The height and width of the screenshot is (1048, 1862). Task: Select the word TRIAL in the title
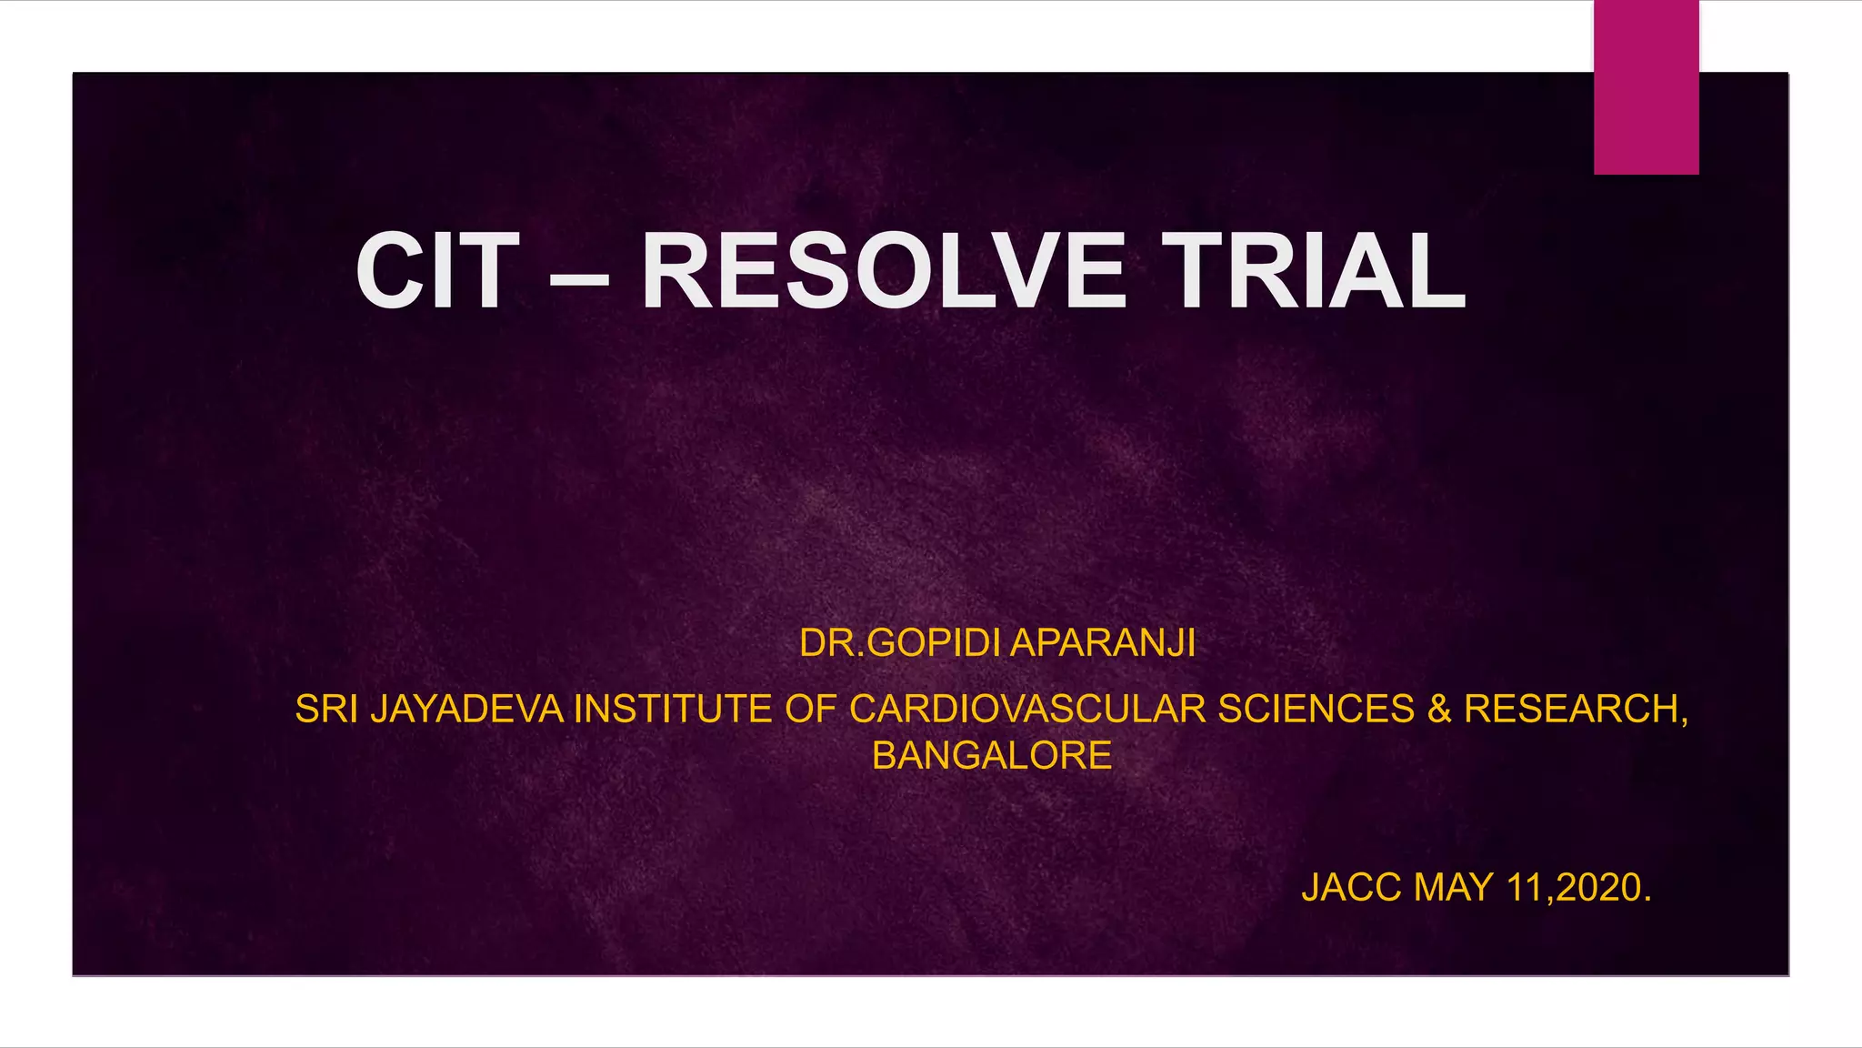tap(1318, 272)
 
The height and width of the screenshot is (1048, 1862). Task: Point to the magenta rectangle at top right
tap(1646, 86)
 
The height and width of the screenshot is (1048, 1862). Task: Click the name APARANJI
tap(1103, 643)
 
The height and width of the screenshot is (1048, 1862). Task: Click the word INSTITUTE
tap(673, 710)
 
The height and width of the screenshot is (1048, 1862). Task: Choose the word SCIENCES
tap(1316, 710)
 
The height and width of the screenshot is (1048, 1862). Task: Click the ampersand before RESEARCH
tap(1439, 710)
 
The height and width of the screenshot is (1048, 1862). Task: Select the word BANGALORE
tap(992, 756)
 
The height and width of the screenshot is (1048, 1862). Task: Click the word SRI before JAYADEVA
tap(326, 710)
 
